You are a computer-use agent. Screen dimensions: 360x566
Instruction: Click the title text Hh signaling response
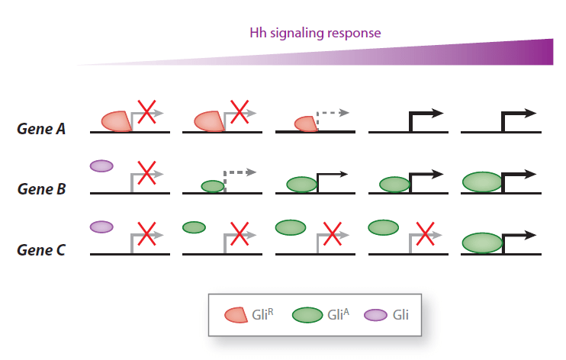click(x=315, y=33)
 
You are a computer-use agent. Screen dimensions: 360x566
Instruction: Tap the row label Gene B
click(x=41, y=188)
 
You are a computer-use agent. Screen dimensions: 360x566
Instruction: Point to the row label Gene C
click(x=41, y=249)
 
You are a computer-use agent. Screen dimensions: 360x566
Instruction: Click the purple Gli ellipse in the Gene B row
click(x=101, y=166)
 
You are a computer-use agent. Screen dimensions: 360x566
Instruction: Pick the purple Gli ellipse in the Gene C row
click(x=101, y=227)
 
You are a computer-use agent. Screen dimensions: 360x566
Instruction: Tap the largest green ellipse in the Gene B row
click(x=482, y=182)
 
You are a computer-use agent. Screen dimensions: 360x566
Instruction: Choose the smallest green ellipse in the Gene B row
click(x=212, y=186)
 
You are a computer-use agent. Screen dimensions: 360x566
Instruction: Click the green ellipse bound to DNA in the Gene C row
click(x=482, y=243)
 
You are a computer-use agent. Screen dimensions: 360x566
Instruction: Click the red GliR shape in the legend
click(x=236, y=314)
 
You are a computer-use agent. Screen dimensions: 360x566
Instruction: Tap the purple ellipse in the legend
click(x=376, y=314)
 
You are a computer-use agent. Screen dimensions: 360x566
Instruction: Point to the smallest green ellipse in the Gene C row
click(x=194, y=227)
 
